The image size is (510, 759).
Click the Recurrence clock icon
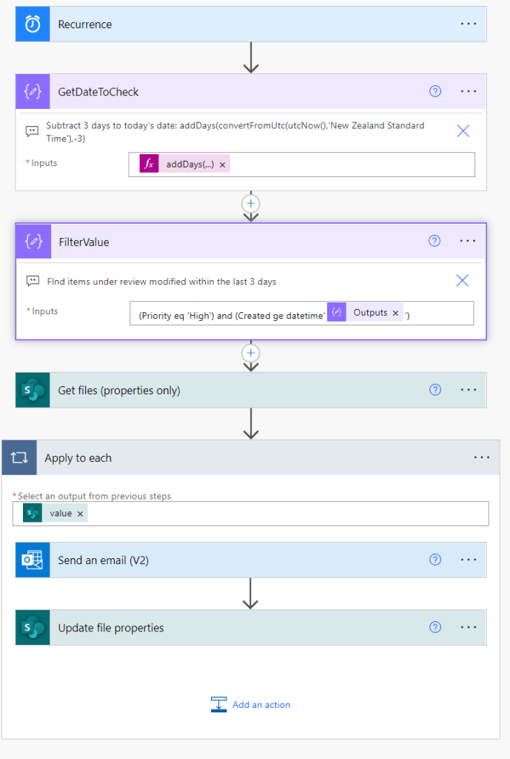tap(33, 24)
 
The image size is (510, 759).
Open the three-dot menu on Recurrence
tap(469, 24)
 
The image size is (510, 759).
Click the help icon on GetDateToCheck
tap(435, 92)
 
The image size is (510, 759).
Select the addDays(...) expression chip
tap(189, 165)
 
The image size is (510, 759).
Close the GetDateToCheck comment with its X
tap(463, 131)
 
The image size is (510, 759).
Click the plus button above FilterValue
tap(251, 203)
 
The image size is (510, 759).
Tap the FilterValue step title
tap(84, 242)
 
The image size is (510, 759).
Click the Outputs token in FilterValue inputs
tap(370, 313)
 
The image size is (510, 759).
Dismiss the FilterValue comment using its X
tap(463, 280)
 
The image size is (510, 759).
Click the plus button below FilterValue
tap(251, 353)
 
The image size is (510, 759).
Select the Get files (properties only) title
tap(118, 391)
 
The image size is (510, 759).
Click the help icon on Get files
tap(435, 391)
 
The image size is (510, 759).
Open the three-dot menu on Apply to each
tap(482, 458)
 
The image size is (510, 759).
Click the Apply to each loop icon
tap(19, 458)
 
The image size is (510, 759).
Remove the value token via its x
tap(80, 514)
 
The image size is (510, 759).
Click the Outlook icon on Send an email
tap(33, 560)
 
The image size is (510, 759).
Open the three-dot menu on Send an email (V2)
tap(469, 560)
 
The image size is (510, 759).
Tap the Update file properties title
tap(111, 628)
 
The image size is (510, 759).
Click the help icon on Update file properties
tap(435, 628)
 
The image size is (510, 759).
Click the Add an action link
tap(261, 705)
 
